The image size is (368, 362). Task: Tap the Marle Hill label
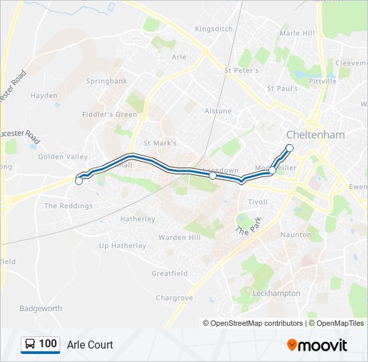coord(297,33)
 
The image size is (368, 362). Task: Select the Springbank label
coord(106,81)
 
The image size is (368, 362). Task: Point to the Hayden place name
coord(44,96)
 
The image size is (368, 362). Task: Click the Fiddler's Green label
coord(109,114)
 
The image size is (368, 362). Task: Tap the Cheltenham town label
coord(315,135)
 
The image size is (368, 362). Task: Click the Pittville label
coord(323,81)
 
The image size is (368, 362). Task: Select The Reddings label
coord(68,206)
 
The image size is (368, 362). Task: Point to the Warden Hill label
coord(179,237)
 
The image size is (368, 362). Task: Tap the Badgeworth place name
coord(41,308)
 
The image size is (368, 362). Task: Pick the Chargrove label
coord(174,298)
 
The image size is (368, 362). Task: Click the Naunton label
coord(296,235)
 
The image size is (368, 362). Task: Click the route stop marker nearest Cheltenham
coord(290,147)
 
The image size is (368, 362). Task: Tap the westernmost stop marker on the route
coord(79,181)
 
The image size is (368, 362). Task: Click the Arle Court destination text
coord(90,345)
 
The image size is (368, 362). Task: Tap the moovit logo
coord(317,345)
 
